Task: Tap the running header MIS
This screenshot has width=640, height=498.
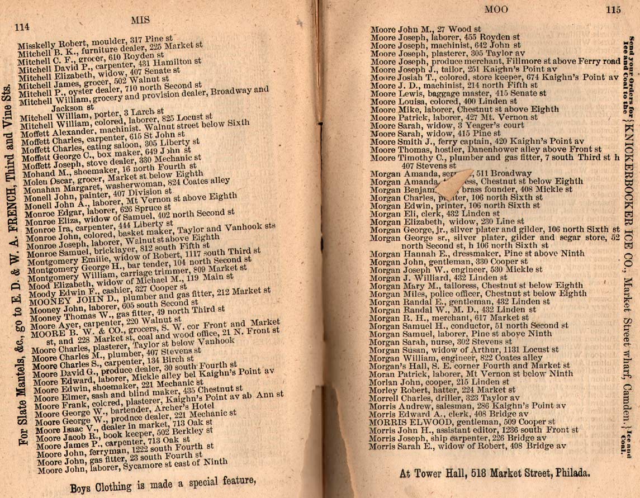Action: [141, 20]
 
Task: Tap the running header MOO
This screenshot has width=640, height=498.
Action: [496, 9]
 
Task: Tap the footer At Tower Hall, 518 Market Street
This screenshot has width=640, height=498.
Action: [495, 473]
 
